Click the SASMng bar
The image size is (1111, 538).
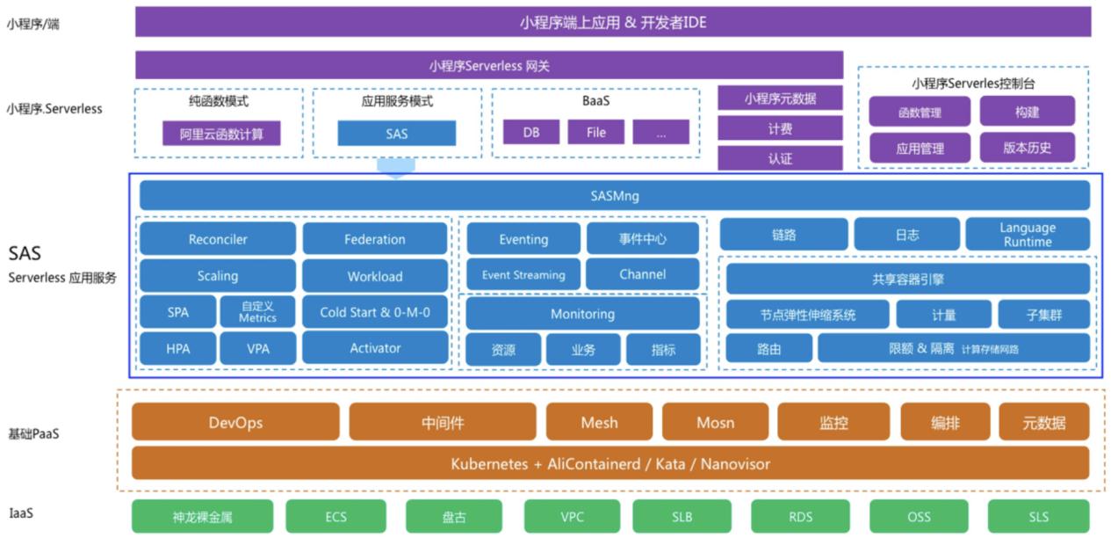(614, 195)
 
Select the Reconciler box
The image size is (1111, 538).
(218, 239)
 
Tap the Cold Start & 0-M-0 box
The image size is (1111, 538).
(375, 312)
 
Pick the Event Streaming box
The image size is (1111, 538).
(523, 275)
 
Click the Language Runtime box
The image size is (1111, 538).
(1027, 235)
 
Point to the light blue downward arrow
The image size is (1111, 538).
(395, 167)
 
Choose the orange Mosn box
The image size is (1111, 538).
(715, 422)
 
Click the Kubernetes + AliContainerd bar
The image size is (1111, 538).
(610, 462)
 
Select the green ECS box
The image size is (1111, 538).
(335, 517)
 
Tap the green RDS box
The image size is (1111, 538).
(800, 517)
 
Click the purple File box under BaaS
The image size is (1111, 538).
(595, 133)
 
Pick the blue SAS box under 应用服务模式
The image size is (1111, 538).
(396, 134)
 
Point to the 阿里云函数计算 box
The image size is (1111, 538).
(221, 134)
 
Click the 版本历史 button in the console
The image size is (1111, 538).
(1027, 148)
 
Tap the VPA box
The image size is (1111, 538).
(258, 348)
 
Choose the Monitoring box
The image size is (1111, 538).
(582, 314)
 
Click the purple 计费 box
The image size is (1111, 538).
(780, 128)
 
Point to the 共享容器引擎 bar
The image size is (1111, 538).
(907, 279)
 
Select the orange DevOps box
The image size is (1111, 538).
(235, 422)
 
